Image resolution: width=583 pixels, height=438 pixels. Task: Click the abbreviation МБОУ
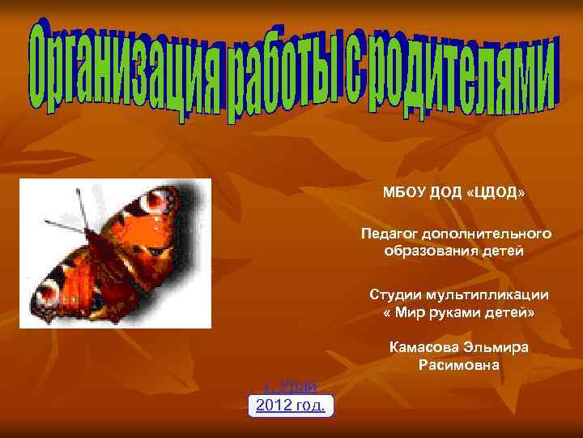[404, 194]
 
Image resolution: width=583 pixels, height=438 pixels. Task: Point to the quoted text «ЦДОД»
[496, 194]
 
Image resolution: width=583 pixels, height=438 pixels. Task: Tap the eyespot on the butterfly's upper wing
[162, 199]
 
